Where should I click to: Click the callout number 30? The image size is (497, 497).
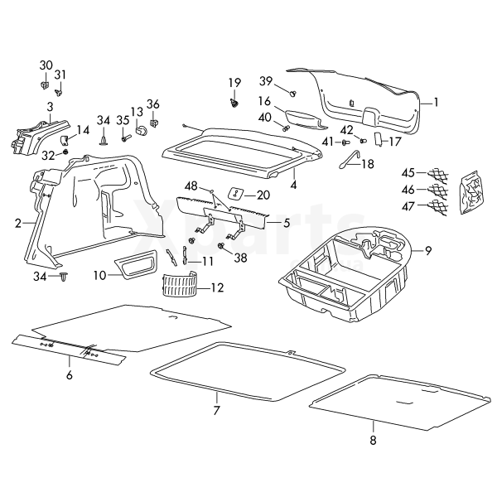tap(46, 65)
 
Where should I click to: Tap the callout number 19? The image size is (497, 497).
tap(234, 82)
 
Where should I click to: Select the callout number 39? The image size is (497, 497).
tap(266, 80)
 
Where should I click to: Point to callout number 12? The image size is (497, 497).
tap(217, 288)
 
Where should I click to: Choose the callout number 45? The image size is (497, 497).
tap(408, 173)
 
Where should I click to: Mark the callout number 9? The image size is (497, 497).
tap(428, 249)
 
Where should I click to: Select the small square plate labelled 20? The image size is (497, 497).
tap(234, 194)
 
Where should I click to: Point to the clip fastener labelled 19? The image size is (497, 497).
tap(234, 103)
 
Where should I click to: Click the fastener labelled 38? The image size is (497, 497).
tap(221, 246)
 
